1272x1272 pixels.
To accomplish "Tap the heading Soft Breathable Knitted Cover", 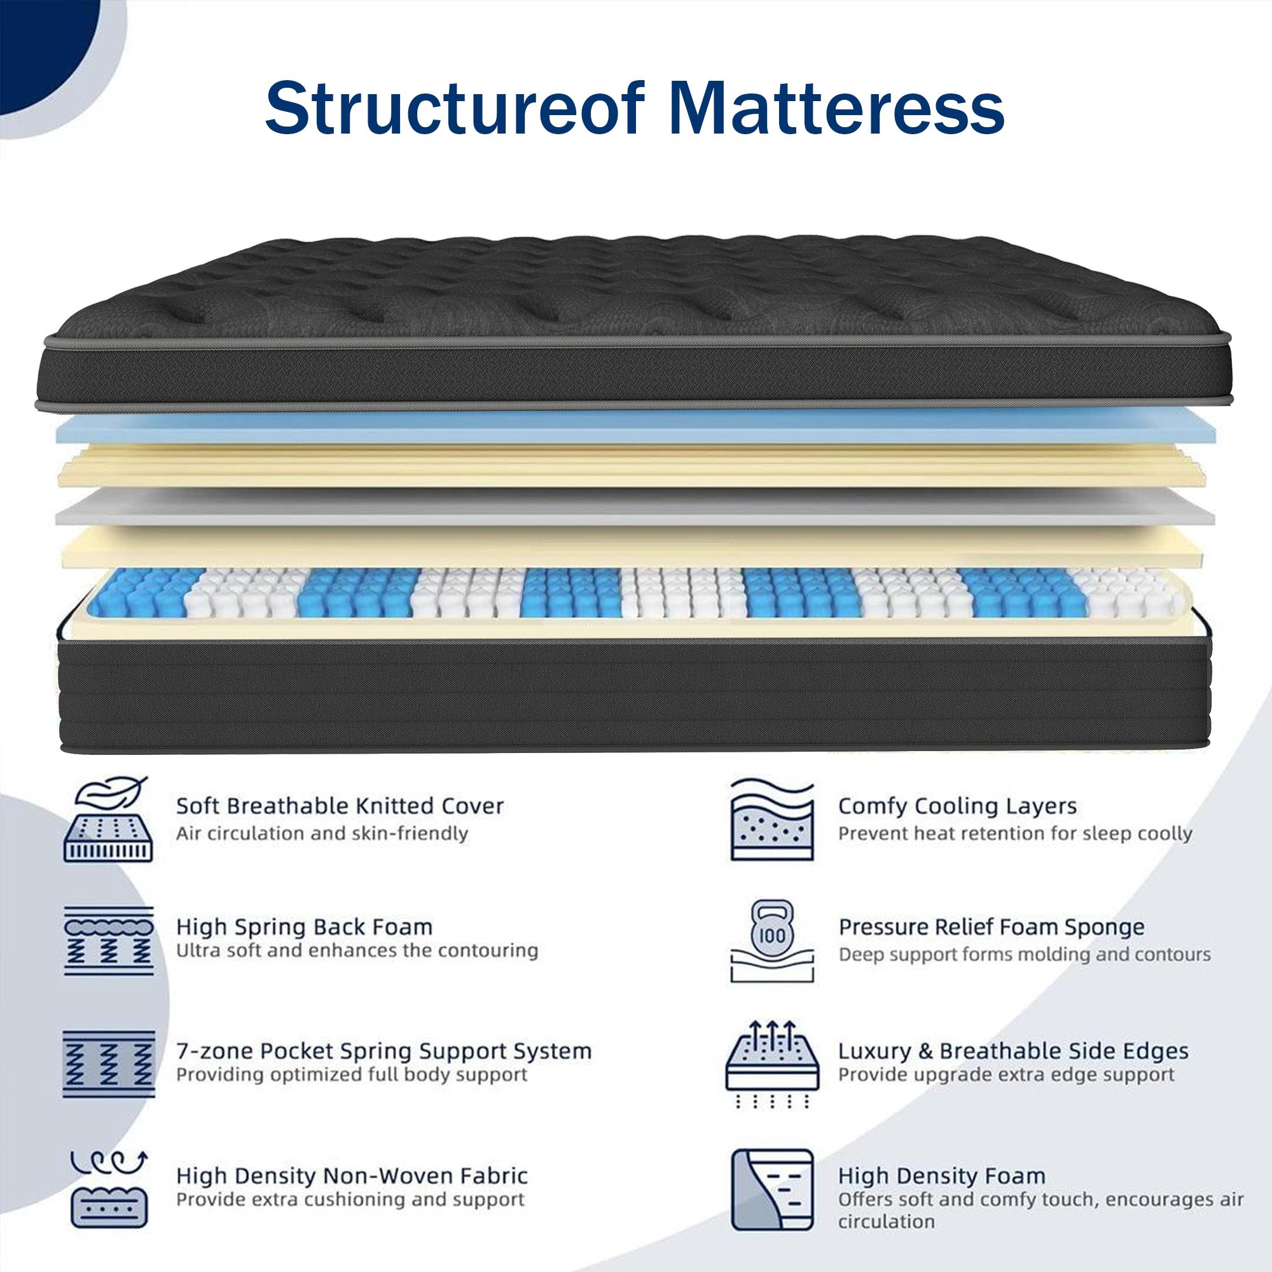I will tap(340, 805).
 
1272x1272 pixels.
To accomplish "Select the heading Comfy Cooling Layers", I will tap(957, 805).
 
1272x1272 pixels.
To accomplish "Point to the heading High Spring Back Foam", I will tap(304, 927).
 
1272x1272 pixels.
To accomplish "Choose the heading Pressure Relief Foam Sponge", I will tap(992, 927).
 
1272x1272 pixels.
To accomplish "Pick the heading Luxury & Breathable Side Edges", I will tap(1013, 1051).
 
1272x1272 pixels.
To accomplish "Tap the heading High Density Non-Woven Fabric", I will tap(352, 1175).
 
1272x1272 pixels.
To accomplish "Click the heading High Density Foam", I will tap(941, 1175).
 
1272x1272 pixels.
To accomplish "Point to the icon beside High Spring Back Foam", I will tap(109, 941).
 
